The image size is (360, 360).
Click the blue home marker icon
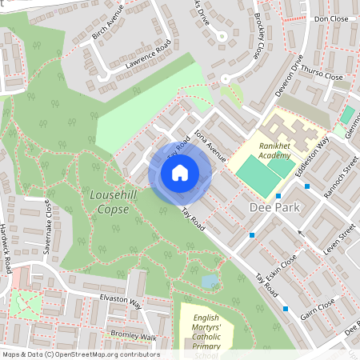[180, 172]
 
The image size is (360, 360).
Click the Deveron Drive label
[290, 77]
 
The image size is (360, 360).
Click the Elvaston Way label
[120, 304]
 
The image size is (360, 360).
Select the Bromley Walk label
[133, 336]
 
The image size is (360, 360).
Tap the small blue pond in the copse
[210, 281]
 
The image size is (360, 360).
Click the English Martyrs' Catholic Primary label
[206, 332]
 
